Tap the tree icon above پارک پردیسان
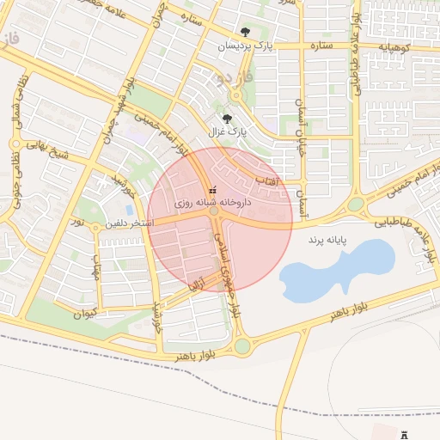click(x=246, y=33)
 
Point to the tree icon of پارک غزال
click(x=227, y=119)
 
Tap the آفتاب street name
click(x=266, y=181)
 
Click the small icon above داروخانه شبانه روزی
click(x=213, y=189)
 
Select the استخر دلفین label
click(x=129, y=223)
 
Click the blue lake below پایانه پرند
click(x=335, y=271)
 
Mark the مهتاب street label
click(x=95, y=276)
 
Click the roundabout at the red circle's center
click(x=214, y=211)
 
